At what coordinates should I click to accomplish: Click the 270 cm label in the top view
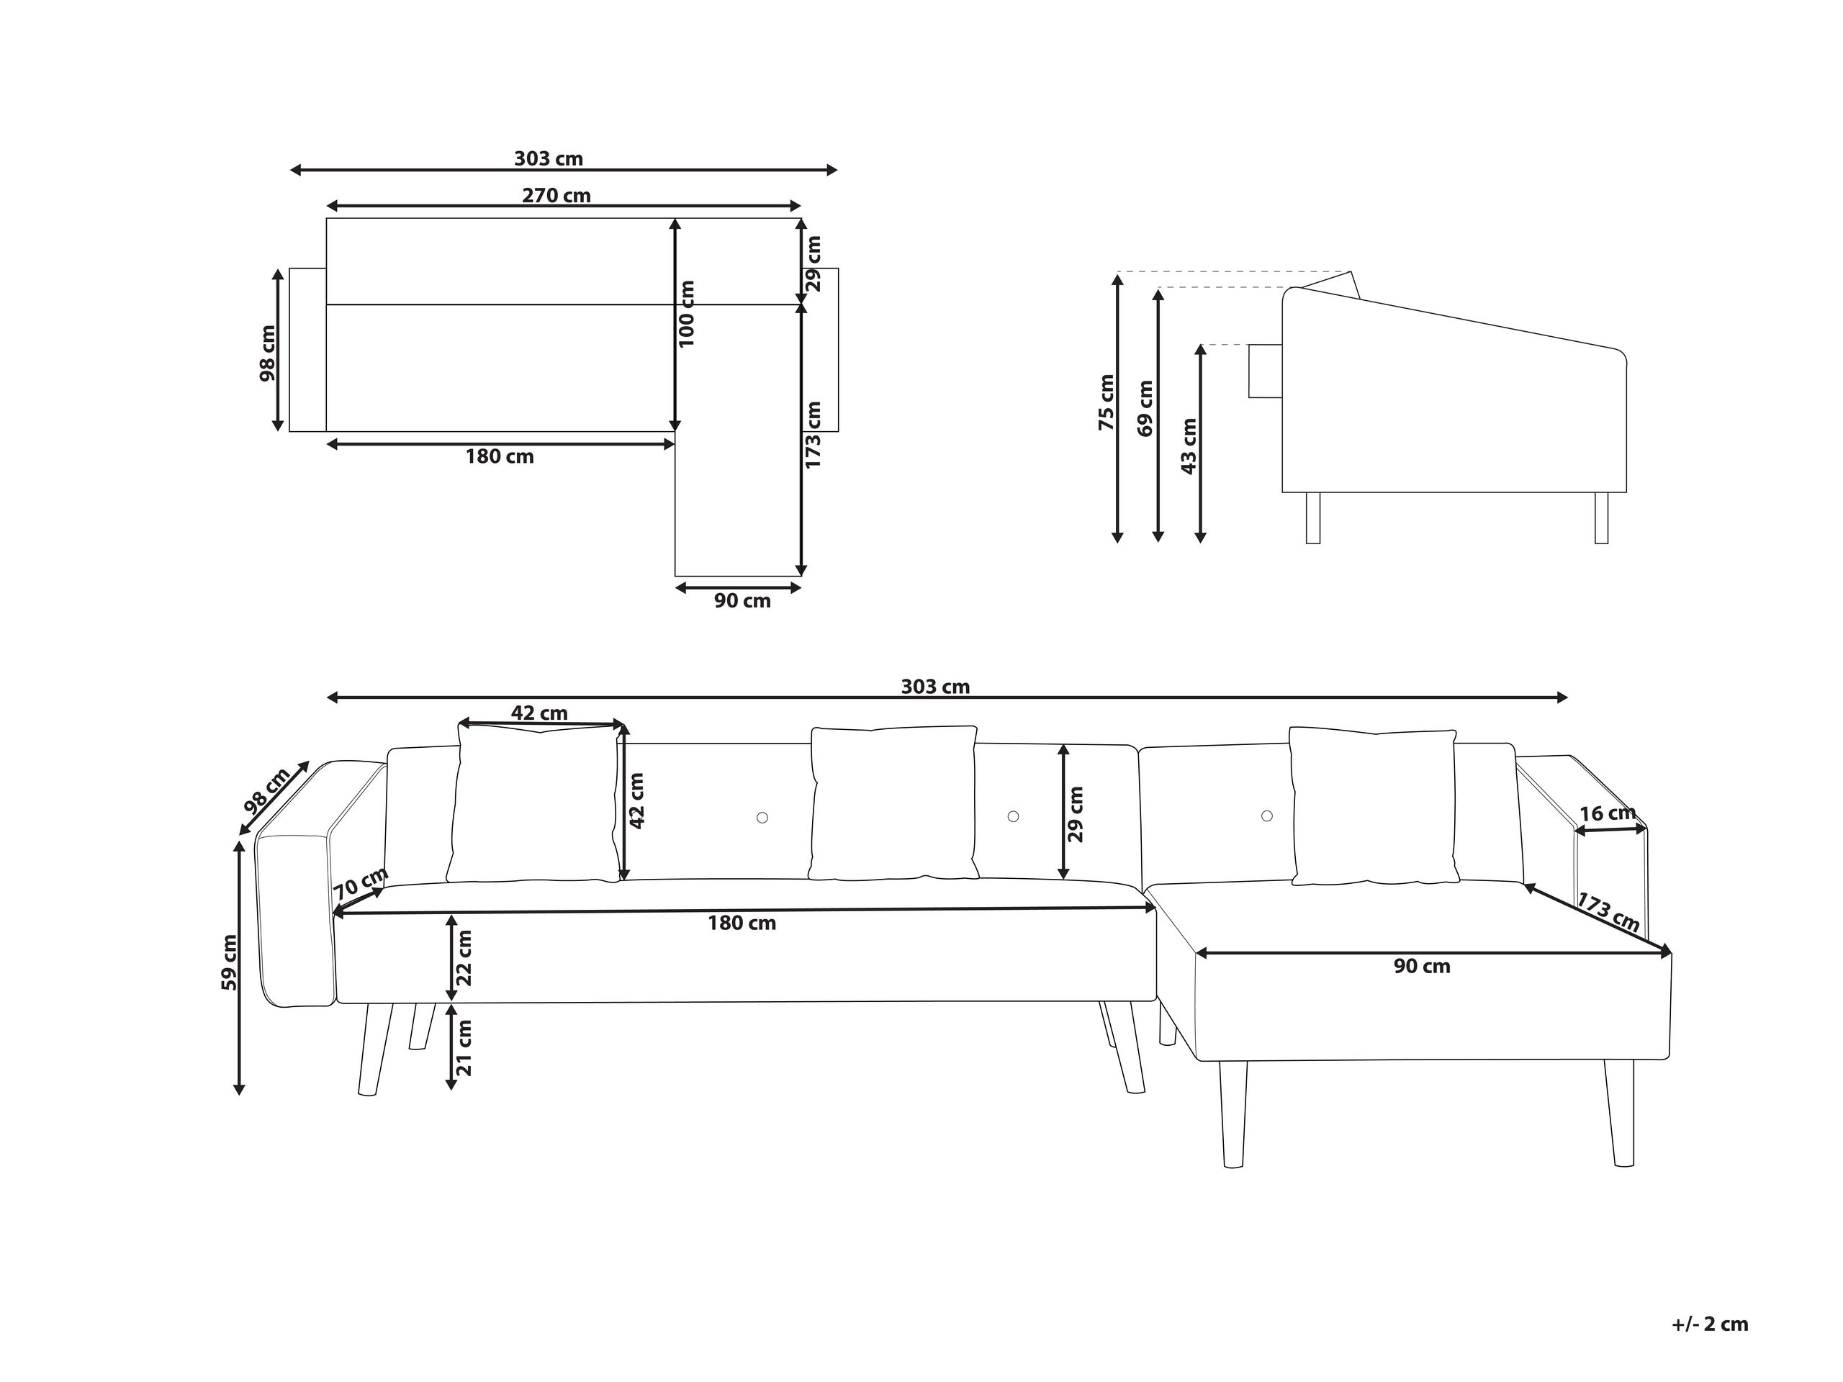(556, 196)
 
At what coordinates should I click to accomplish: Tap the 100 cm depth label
(687, 314)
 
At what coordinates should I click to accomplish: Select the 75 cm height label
(1106, 402)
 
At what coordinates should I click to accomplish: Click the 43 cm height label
(1189, 446)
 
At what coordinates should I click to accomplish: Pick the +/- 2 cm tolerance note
(1709, 1324)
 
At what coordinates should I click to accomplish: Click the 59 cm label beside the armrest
(228, 963)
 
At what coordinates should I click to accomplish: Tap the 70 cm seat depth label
(360, 883)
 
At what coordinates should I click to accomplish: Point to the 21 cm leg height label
(464, 1047)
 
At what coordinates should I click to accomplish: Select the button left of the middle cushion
(762, 818)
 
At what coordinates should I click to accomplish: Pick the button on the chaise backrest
(1266, 816)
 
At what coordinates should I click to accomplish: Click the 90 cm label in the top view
(742, 600)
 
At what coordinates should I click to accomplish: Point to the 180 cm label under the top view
(499, 456)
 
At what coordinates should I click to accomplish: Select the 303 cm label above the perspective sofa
(935, 687)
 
